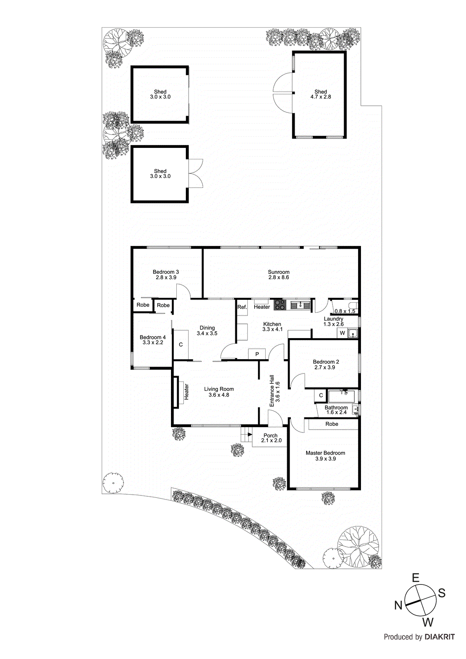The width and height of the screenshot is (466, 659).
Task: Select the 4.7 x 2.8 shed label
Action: [x=321, y=94]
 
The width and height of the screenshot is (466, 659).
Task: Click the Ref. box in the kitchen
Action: [x=242, y=307]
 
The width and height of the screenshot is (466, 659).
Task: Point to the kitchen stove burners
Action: [x=280, y=305]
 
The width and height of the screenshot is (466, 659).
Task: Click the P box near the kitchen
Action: [x=258, y=354]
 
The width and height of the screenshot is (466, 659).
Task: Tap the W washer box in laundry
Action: [x=342, y=333]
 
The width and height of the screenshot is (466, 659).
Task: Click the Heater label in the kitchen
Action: [x=262, y=307]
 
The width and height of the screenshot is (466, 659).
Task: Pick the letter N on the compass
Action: [x=398, y=605]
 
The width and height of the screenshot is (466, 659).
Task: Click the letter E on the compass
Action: [x=416, y=578]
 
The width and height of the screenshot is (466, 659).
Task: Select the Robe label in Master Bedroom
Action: [x=332, y=424]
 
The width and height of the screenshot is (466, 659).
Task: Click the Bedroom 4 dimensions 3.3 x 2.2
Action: [x=153, y=342]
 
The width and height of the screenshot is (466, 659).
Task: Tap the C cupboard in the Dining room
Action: [x=180, y=345]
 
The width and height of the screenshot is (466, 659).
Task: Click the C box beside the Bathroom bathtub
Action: [x=321, y=395]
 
